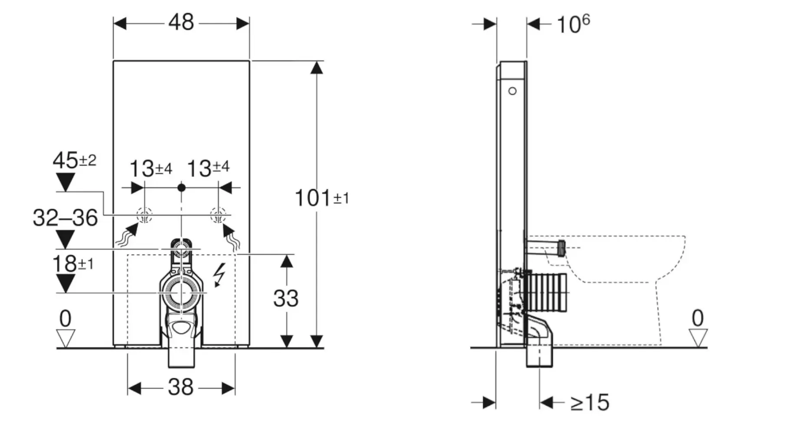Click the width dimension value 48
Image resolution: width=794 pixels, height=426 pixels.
tap(181, 22)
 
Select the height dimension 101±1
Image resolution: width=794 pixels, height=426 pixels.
tap(321, 198)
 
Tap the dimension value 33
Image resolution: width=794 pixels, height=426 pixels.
tap(286, 299)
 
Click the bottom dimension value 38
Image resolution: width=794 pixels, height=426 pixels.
tap(181, 387)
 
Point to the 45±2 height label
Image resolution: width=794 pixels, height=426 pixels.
tap(74, 160)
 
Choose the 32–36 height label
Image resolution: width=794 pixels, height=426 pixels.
tap(66, 218)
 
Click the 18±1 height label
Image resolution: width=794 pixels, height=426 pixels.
tap(73, 264)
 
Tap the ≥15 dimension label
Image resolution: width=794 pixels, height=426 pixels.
tap(590, 403)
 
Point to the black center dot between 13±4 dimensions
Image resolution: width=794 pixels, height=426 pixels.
tap(182, 188)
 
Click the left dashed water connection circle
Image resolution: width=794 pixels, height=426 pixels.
tap(144, 215)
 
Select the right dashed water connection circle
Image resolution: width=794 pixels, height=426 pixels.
tap(218, 215)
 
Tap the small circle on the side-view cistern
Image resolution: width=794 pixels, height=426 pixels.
tap(513, 91)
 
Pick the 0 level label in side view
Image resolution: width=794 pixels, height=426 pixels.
tap(698, 319)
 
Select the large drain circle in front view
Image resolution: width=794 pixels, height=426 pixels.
tap(181, 293)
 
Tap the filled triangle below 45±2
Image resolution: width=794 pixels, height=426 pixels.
tap(66, 181)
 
